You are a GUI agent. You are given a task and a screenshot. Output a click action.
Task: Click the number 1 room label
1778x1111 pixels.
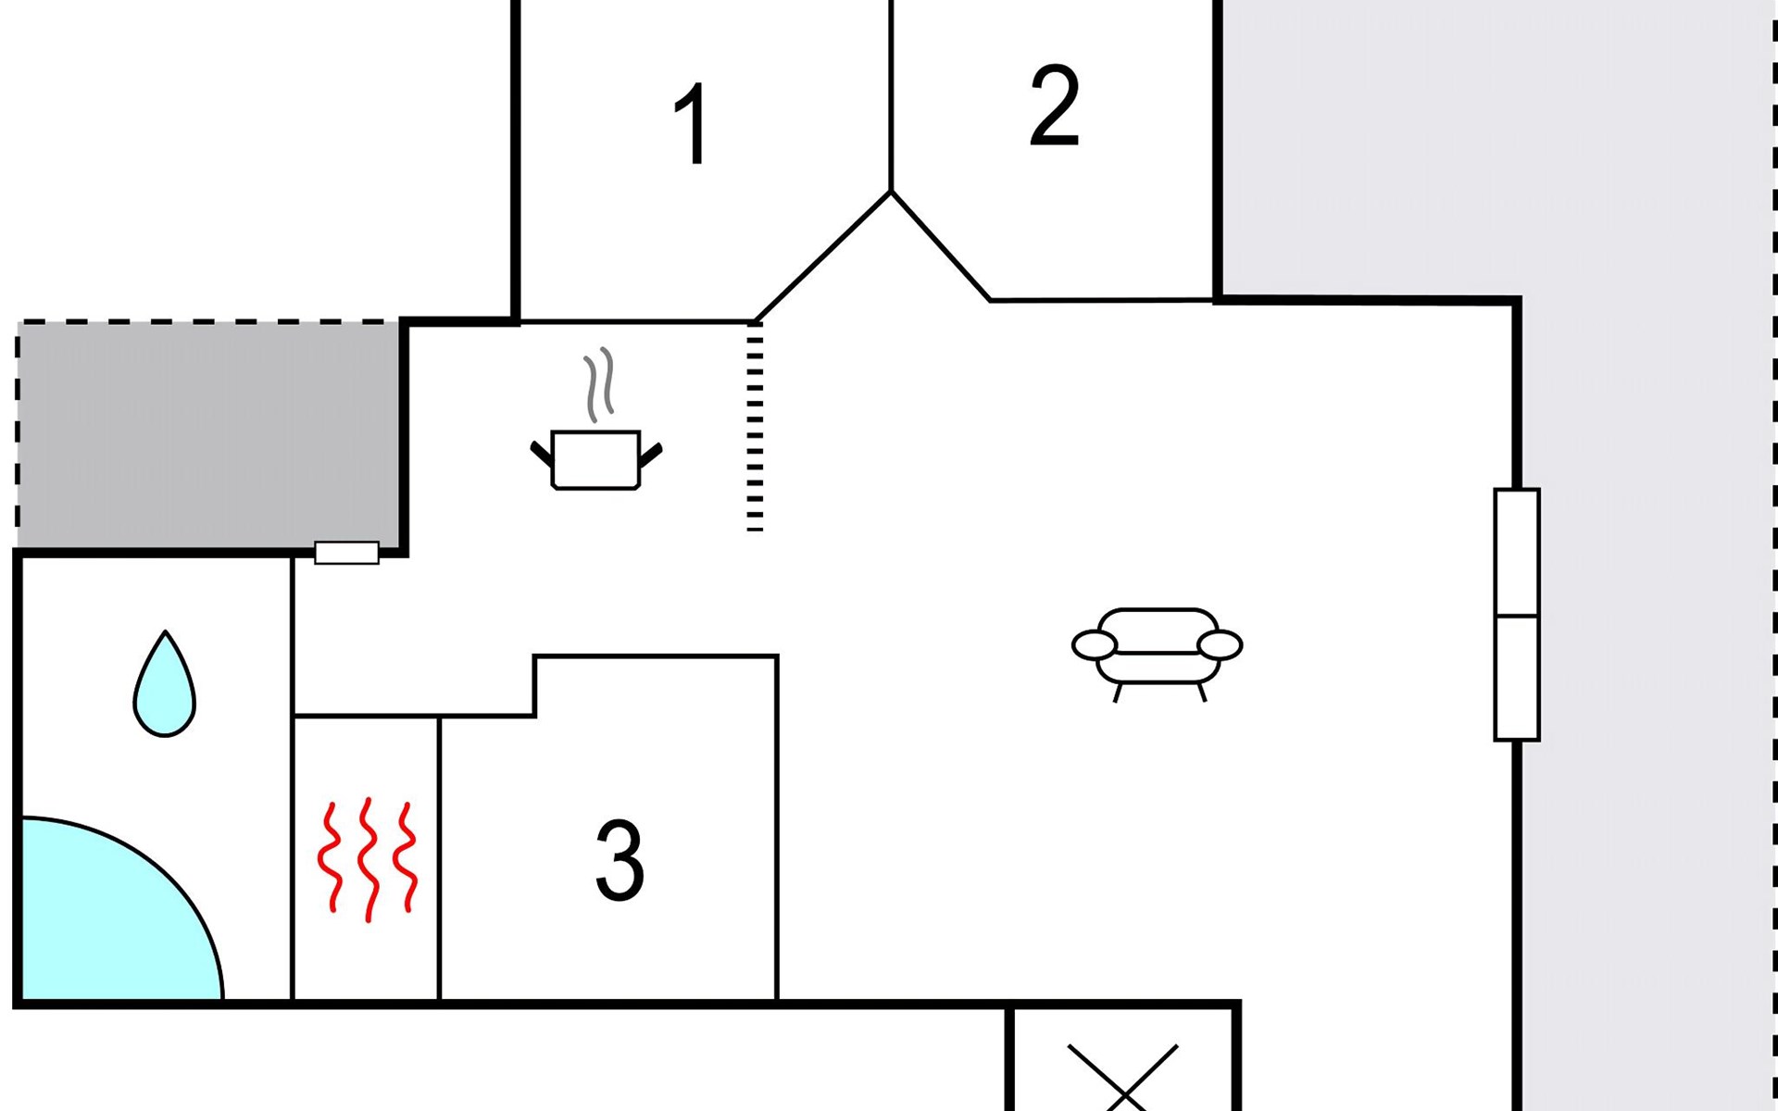pyautogui.click(x=692, y=123)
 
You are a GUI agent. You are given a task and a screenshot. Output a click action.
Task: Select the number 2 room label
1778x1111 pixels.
pyautogui.click(x=1055, y=105)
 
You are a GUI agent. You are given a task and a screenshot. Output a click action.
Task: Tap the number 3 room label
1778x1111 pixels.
pyautogui.click(x=620, y=860)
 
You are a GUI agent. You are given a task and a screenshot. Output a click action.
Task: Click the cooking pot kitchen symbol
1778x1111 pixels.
pyautogui.click(x=596, y=459)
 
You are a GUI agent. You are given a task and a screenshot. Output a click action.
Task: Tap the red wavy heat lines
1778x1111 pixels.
pyautogui.click(x=368, y=858)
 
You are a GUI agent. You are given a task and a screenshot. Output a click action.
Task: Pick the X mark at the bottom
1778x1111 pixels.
pyautogui.click(x=1122, y=1079)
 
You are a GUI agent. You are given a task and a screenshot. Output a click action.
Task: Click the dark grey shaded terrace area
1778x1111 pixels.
pyautogui.click(x=208, y=435)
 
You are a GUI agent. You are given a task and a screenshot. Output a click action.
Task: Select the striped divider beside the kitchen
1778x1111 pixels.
pyautogui.click(x=755, y=427)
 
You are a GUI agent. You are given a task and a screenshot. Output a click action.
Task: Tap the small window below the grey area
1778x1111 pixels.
pyautogui.click(x=347, y=553)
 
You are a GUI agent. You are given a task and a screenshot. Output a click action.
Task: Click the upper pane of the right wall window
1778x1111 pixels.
pyautogui.click(x=1517, y=553)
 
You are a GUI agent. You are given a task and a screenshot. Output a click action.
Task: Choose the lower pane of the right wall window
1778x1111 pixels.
pyautogui.click(x=1517, y=679)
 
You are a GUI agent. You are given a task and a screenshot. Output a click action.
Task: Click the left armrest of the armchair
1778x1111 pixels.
pyautogui.click(x=1095, y=645)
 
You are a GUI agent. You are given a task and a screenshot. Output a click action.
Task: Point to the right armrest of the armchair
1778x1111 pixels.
pyautogui.click(x=1220, y=645)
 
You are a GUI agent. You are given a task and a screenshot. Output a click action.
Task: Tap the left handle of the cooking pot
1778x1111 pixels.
pyautogui.click(x=542, y=454)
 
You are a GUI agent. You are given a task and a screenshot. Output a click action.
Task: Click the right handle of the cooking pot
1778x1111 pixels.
pyautogui.click(x=651, y=455)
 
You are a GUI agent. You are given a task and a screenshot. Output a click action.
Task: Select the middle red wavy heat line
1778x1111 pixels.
pyautogui.click(x=369, y=859)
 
